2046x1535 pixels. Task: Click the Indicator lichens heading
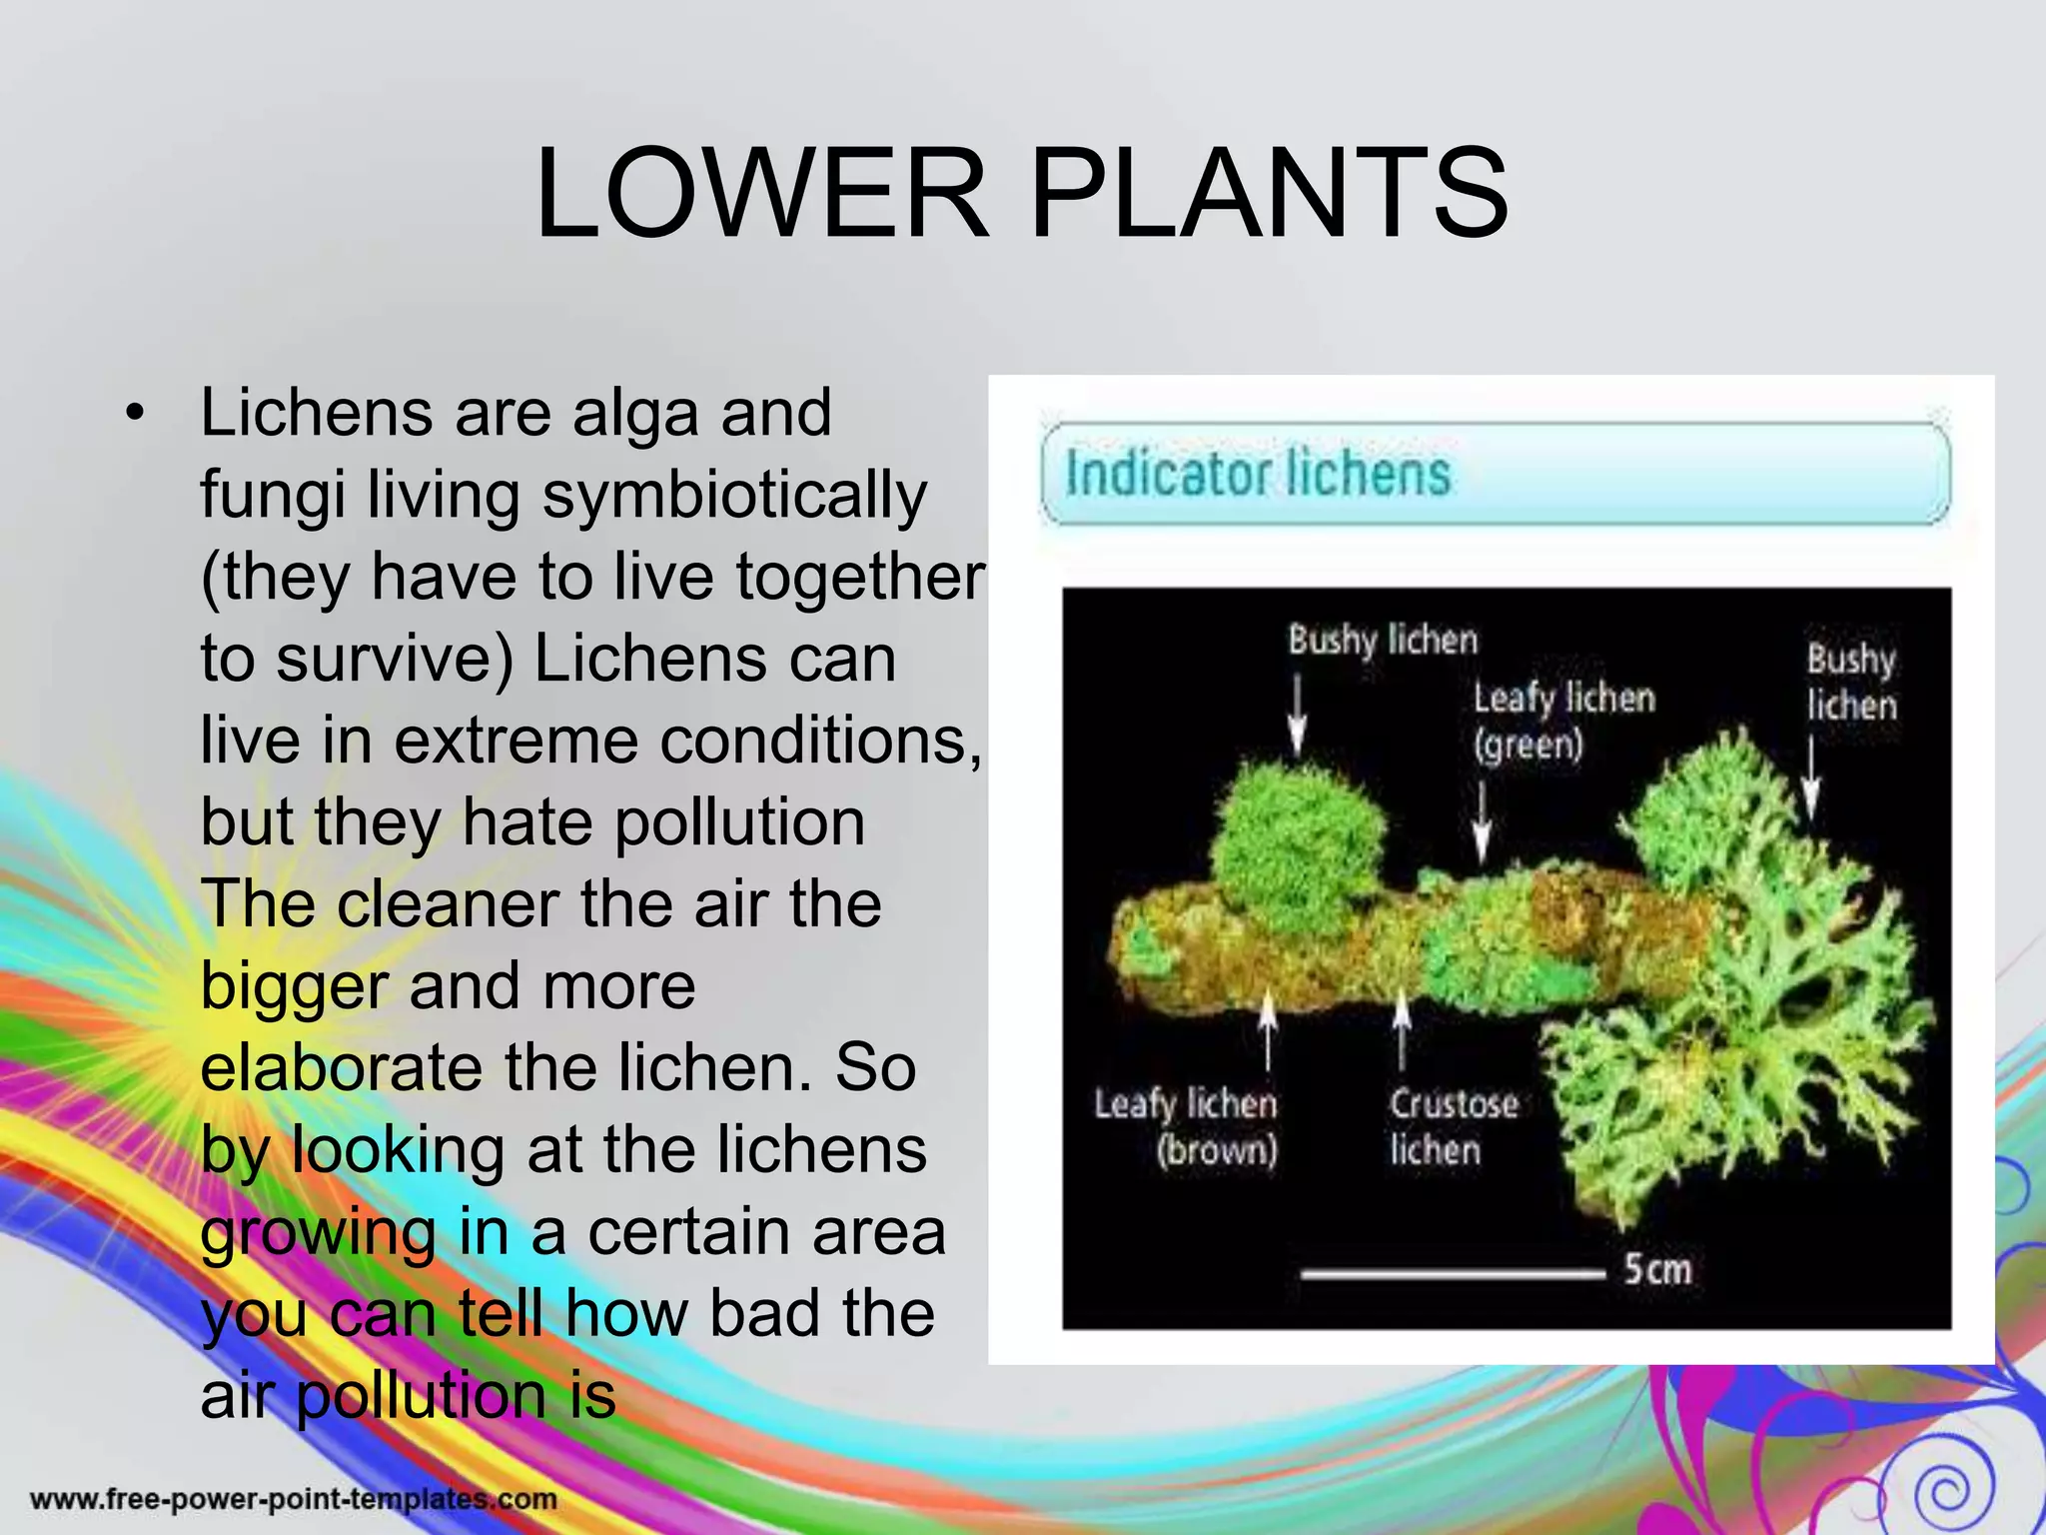coord(1257,473)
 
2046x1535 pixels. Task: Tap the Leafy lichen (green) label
coord(1562,720)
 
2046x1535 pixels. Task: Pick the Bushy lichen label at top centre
coord(1383,640)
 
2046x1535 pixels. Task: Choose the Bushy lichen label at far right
coord(1850,682)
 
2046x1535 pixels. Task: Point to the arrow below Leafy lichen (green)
coord(1483,819)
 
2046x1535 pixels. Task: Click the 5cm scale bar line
coord(1452,1273)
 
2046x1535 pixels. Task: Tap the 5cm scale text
coord(1657,1269)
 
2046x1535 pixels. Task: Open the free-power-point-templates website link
coord(293,1499)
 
